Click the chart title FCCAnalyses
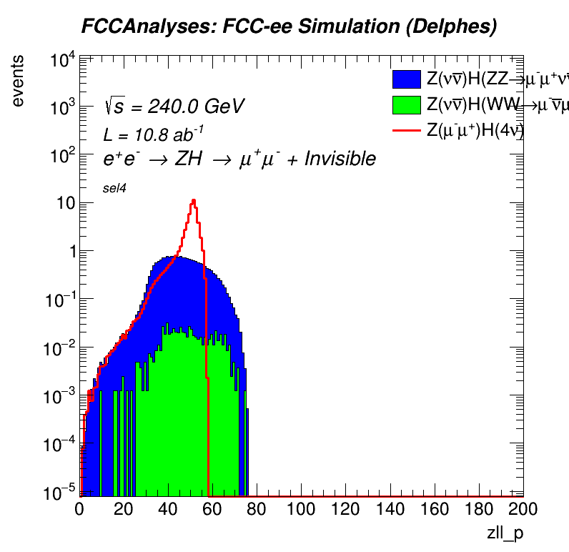tap(288, 27)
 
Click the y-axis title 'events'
tap(21, 80)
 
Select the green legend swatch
tap(407, 105)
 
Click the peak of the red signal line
tap(193, 200)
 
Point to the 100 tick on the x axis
tap(302, 508)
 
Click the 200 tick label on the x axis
tap(523, 508)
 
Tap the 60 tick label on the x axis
tap(213, 508)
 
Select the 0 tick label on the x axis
tap(80, 508)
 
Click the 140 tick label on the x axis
tap(390, 508)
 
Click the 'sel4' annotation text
tap(114, 188)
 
